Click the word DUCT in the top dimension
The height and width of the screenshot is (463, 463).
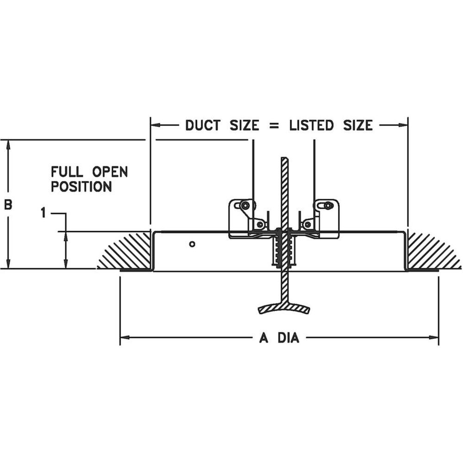[203, 125]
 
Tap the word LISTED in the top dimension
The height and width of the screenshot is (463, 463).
[311, 125]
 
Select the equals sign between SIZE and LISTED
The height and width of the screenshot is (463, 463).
[274, 126]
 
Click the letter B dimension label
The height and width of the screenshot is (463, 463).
[8, 204]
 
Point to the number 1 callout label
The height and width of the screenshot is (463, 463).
[44, 213]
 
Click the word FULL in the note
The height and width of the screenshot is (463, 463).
[67, 172]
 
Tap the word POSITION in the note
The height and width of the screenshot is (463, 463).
[81, 187]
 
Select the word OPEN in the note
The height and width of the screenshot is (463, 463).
[110, 172]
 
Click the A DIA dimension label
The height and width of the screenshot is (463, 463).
[279, 338]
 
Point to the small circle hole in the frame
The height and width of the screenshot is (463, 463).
[192, 244]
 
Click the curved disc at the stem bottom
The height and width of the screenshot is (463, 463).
[284, 308]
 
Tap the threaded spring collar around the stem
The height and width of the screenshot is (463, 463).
[284, 250]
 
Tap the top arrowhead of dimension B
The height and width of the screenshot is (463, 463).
[8, 144]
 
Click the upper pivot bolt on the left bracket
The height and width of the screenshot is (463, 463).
[244, 205]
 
